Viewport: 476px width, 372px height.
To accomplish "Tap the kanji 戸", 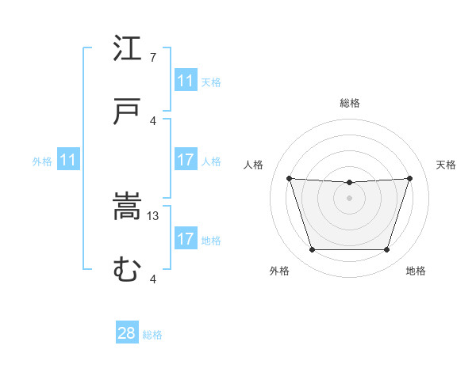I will pyautogui.click(x=127, y=112).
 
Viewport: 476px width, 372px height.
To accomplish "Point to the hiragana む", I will pyautogui.click(x=127, y=270).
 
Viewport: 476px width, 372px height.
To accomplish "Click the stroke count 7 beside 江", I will pyautogui.click(x=153, y=58).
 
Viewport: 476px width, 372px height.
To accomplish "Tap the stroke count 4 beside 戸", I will pyautogui.click(x=153, y=121).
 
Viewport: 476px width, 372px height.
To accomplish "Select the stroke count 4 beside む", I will pyautogui.click(x=153, y=279).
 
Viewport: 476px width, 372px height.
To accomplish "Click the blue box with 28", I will pyautogui.click(x=127, y=333).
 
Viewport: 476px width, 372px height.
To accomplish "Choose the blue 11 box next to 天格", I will pyautogui.click(x=186, y=81).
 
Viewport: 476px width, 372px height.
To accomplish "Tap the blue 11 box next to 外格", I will pyautogui.click(x=67, y=160).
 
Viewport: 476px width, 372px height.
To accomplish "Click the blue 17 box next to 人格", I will pyautogui.click(x=186, y=160).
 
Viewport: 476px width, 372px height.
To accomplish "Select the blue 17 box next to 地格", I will pyautogui.click(x=186, y=239).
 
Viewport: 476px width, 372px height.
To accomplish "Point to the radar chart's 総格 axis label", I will pyautogui.click(x=350, y=103).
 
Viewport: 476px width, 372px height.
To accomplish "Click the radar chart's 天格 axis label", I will pyautogui.click(x=446, y=165).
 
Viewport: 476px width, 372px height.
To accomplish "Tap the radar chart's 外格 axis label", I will pyautogui.click(x=279, y=271).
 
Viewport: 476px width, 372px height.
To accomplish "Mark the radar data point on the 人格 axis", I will pyautogui.click(x=289, y=179).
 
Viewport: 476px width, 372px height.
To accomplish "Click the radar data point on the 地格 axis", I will pyautogui.click(x=386, y=250).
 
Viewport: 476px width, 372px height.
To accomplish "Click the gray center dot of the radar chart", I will pyautogui.click(x=349, y=198).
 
